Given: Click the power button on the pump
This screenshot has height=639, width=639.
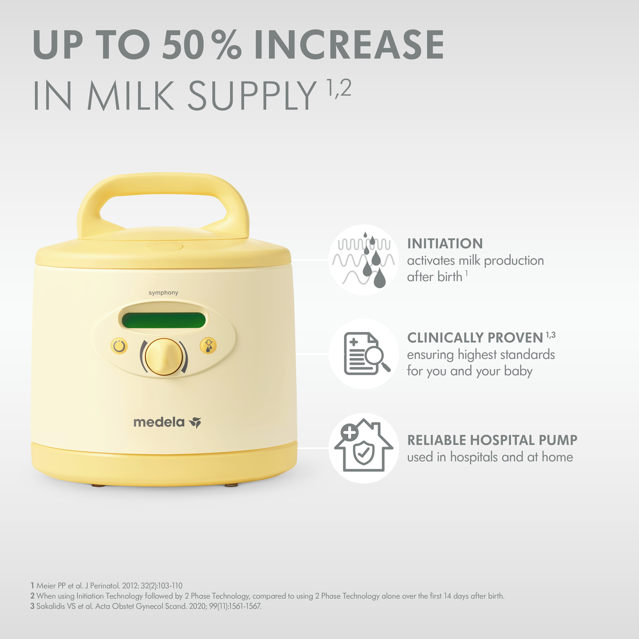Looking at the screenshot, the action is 119,346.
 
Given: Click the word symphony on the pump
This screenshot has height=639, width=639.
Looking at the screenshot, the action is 163,293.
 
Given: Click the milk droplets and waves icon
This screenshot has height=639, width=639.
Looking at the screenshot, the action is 364,260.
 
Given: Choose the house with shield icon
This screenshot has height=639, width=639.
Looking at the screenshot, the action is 364,445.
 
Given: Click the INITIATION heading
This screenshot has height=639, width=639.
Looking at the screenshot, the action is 445,244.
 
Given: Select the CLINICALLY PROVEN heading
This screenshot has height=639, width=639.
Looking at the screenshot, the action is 475,338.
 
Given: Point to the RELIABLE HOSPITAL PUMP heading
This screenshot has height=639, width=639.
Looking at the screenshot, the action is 492,440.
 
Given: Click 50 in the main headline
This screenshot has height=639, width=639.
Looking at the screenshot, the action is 183,45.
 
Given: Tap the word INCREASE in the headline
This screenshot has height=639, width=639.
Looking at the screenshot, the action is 349,45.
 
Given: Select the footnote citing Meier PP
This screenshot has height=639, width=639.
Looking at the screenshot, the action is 106,586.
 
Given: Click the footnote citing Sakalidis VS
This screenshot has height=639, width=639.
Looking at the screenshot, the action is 146,606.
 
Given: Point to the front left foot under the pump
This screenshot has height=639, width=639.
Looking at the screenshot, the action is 98,486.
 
